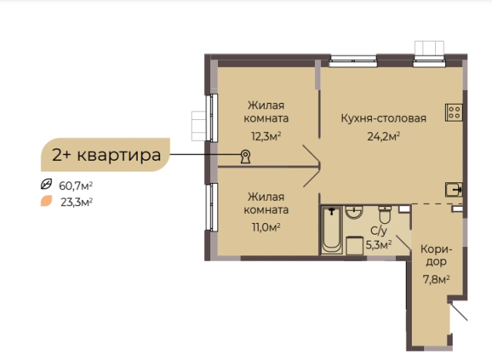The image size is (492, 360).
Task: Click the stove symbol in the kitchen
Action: [453, 113]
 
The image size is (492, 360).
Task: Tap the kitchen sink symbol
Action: [454, 188]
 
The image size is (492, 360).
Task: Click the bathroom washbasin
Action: [355, 212]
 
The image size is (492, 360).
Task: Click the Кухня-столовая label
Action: [383, 119]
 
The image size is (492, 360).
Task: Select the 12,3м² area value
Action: [263, 136]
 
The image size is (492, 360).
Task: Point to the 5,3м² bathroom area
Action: [378, 245]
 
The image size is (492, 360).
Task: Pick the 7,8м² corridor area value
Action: [437, 278]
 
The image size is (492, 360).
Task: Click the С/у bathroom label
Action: [378, 231]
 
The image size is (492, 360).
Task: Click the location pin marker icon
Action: [246, 157]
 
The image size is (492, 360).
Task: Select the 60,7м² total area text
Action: [76, 185]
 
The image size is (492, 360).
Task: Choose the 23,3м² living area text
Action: [76, 202]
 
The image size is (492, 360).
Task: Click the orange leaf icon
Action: [46, 202]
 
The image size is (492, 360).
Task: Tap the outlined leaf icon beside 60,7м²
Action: [46, 185]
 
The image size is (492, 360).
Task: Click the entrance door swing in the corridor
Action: [459, 315]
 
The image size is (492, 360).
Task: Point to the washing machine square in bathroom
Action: [354, 245]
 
